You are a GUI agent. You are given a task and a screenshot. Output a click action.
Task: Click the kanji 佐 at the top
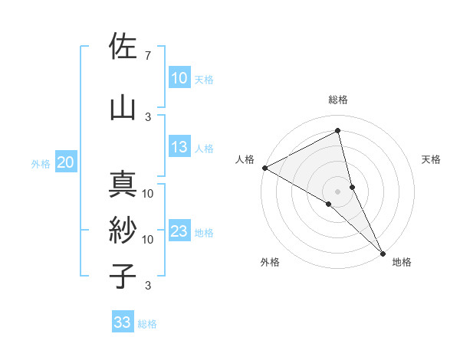point(123,47)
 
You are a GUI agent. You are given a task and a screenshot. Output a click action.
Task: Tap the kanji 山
point(123,108)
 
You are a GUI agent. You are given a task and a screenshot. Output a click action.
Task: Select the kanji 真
point(123,185)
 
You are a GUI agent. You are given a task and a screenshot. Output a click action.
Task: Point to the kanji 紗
point(123,231)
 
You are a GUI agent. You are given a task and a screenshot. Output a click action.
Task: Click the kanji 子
point(123,277)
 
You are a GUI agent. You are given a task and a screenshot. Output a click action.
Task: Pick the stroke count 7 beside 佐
point(147,56)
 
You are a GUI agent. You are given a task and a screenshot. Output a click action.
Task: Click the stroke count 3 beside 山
point(147,116)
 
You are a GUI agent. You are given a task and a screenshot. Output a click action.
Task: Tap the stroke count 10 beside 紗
point(148,239)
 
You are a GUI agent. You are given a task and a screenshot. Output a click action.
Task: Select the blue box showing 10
point(179,77)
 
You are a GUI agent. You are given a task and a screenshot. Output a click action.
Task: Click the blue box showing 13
point(179,147)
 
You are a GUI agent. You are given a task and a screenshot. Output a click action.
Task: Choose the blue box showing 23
point(179,231)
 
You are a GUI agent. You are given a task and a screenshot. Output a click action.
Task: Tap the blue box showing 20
point(66,162)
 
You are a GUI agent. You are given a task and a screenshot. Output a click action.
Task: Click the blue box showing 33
point(123,322)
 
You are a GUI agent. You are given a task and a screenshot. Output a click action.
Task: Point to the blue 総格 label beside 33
point(147,324)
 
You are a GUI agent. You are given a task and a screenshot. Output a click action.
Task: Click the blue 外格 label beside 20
point(41,163)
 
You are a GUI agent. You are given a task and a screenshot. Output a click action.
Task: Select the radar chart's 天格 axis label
point(432,159)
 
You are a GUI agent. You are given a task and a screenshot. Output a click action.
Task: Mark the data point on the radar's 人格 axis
point(264,168)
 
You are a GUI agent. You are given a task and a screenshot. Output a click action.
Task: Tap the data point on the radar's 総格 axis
point(337,131)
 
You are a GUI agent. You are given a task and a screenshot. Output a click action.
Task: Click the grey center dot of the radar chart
point(337,190)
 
